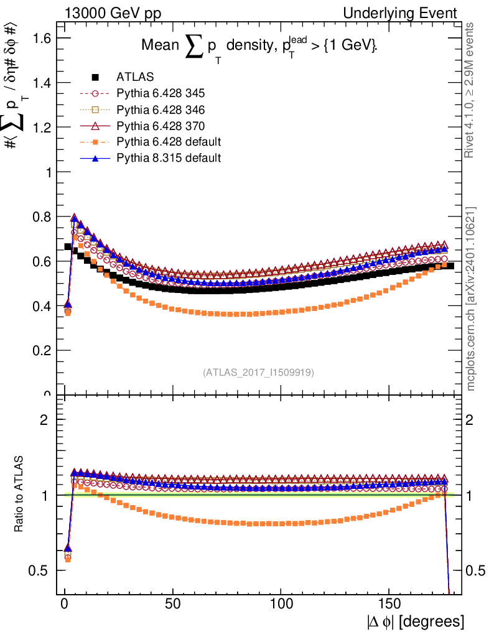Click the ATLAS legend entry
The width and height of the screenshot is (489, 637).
click(135, 77)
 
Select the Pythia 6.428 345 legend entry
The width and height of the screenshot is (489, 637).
click(161, 93)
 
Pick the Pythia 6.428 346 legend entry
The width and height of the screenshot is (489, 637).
click(161, 109)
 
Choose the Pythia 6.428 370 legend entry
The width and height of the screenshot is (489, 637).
click(161, 126)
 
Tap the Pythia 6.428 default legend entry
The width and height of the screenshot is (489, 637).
click(169, 142)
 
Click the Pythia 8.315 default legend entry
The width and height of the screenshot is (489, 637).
click(169, 158)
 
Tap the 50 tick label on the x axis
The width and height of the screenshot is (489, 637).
click(173, 603)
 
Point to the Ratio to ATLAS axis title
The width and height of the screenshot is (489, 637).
click(19, 494)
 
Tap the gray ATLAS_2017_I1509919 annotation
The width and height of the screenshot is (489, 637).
click(258, 373)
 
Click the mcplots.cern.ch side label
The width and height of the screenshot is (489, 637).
click(471, 299)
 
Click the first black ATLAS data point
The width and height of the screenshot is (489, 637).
click(68, 247)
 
